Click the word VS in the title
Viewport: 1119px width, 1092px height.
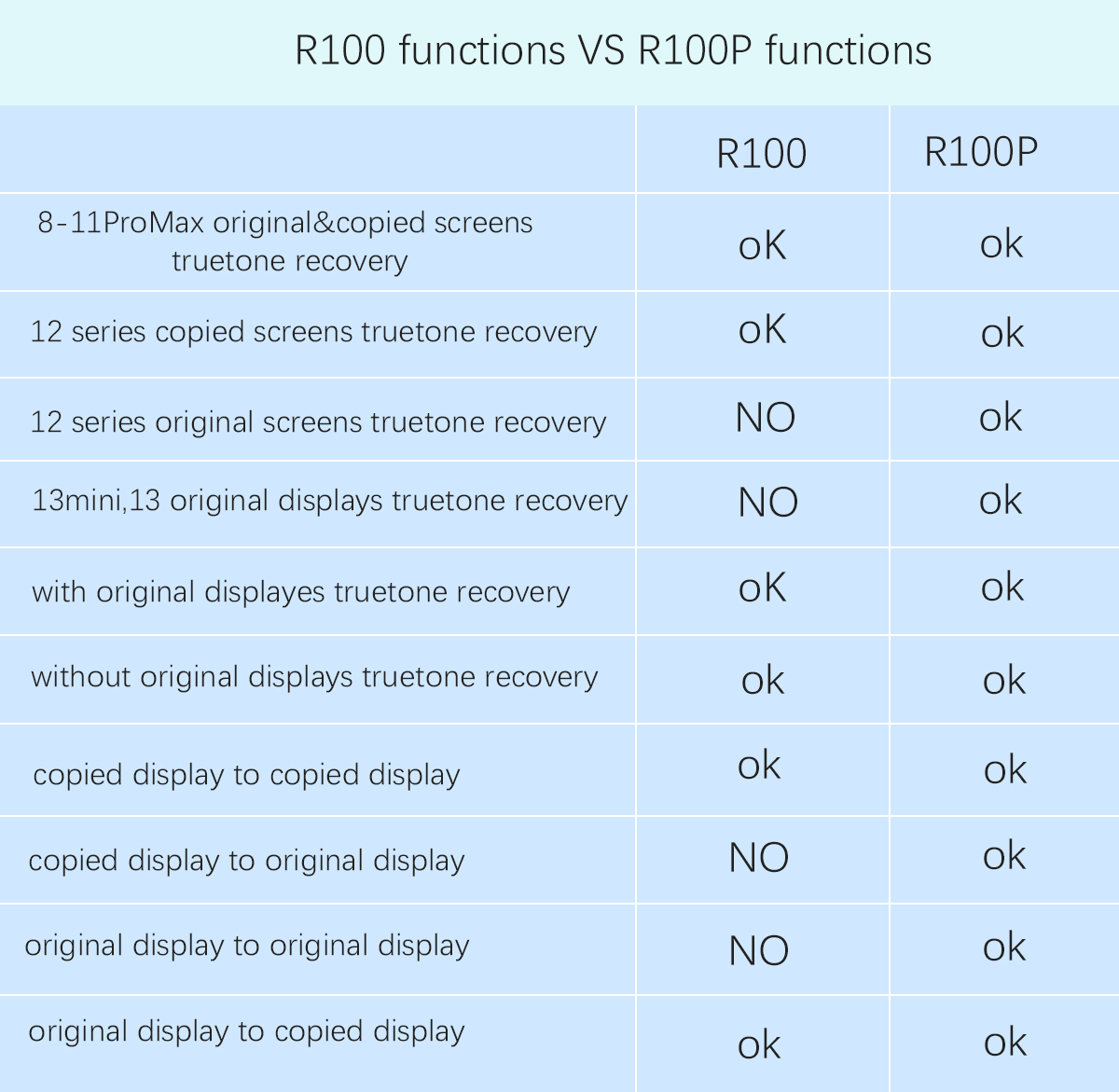[601, 50]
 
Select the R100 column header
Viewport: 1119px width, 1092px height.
[761, 154]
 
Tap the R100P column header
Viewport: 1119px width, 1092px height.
[981, 152]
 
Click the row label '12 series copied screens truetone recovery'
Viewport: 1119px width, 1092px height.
[313, 332]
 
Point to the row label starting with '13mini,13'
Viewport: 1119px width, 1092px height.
[329, 501]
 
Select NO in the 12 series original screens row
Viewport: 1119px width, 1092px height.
[766, 418]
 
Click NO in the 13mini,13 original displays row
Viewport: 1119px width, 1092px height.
[767, 502]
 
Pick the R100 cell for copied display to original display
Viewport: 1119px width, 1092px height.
[758, 857]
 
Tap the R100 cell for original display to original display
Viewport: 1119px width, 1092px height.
[758, 950]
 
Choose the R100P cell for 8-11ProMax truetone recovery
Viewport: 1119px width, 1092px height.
[1002, 243]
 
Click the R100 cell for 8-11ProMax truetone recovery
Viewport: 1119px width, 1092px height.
[762, 245]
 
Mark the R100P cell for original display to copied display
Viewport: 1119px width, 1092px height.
[1005, 1042]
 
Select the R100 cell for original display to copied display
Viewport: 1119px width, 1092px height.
[759, 1044]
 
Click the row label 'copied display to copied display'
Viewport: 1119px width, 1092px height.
[247, 775]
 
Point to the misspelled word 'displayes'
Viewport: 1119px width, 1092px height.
[265, 592]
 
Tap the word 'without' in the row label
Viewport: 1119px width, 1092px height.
[80, 677]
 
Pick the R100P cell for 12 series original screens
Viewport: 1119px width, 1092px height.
[1001, 417]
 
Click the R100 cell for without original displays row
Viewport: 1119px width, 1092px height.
[763, 680]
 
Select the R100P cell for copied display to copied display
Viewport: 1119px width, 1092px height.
[1005, 769]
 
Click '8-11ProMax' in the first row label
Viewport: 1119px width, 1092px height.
[120, 223]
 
